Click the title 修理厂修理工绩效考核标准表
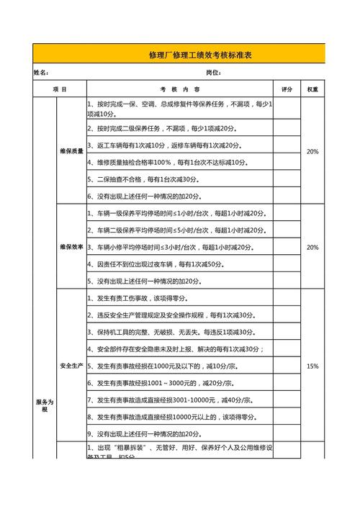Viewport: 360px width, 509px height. pyautogui.click(x=199, y=55)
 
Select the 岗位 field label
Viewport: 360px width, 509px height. pyautogui.click(x=212, y=73)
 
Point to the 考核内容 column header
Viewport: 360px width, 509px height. pyautogui.click(x=180, y=89)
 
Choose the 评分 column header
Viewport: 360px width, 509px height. pyautogui.click(x=287, y=89)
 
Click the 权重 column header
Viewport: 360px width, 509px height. pyautogui.click(x=312, y=89)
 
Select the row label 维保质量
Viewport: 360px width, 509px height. pyautogui.click(x=71, y=152)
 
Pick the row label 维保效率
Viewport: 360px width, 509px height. pyautogui.click(x=71, y=247)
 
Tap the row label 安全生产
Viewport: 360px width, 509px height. pyautogui.click(x=71, y=366)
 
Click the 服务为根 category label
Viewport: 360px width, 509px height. pyautogui.click(x=45, y=405)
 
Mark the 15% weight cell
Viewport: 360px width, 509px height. pyautogui.click(x=312, y=366)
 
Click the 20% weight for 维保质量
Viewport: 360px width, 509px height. pyautogui.click(x=312, y=152)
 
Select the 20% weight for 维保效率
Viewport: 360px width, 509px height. pyautogui.click(x=312, y=247)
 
